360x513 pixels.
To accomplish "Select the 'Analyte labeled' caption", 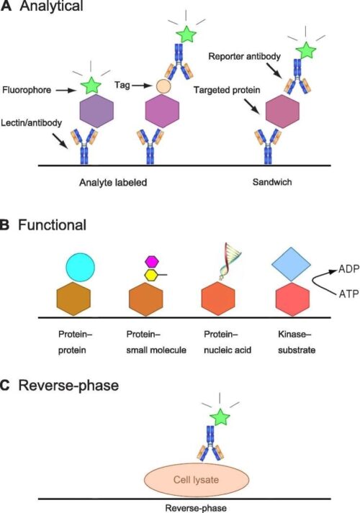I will (113, 183).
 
